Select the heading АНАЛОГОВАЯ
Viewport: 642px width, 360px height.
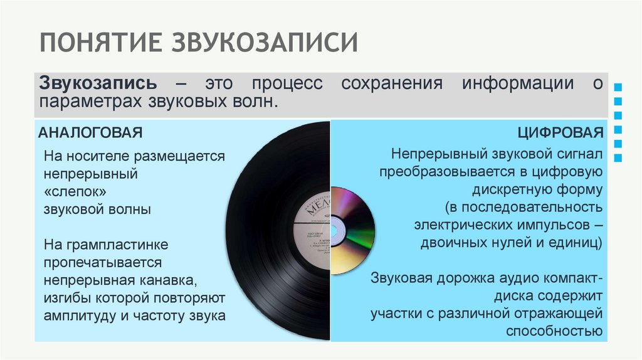(91, 133)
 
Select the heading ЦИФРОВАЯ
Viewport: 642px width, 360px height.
(560, 133)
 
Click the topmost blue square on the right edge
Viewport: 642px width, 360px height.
(619, 86)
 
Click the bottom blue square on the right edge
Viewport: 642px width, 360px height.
(619, 159)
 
